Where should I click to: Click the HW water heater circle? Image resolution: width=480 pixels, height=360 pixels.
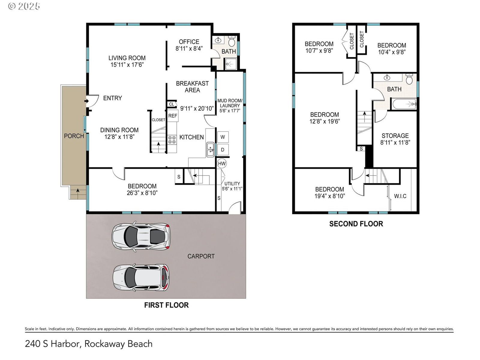coord(221,163)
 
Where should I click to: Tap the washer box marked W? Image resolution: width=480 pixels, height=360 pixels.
coord(223,137)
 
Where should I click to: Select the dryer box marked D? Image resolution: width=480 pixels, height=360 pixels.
coord(223,150)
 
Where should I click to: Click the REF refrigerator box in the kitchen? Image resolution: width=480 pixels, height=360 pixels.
coord(173,115)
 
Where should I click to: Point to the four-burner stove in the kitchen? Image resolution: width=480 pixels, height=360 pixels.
coord(172,140)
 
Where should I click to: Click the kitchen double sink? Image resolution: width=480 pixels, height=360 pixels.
coord(210,149)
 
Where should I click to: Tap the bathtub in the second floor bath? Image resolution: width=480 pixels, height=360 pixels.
coord(404,104)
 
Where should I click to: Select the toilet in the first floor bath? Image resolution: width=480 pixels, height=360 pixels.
coord(232,41)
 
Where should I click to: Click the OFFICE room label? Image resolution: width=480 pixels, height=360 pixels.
coord(189,42)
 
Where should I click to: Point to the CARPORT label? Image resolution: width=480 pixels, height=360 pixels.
coord(201,256)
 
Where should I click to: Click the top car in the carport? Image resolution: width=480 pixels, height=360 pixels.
coord(141,236)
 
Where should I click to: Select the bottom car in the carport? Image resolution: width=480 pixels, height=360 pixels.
coord(141,277)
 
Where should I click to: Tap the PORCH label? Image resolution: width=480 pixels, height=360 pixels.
coord(74,136)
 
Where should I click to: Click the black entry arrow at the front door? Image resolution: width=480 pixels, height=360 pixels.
coord(87,101)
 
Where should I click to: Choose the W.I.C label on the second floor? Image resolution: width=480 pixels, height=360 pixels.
coord(400,196)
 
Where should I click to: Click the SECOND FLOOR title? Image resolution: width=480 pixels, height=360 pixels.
coord(356,224)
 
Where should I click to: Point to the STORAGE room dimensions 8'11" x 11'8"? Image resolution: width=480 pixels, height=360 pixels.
coord(395,142)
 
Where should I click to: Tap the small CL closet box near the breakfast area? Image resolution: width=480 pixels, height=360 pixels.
coord(172,104)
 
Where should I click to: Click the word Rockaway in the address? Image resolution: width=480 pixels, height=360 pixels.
coord(104,344)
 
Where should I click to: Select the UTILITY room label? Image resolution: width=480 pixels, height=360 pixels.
coord(232,184)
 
